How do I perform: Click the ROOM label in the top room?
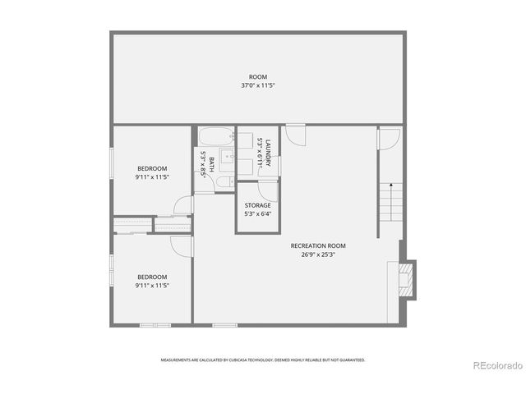(x=258, y=77)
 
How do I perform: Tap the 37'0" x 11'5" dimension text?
(x=258, y=85)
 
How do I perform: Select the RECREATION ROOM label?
(x=317, y=245)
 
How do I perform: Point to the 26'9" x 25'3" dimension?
(x=317, y=254)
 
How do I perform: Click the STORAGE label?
(x=257, y=205)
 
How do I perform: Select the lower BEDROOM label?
(x=152, y=277)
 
